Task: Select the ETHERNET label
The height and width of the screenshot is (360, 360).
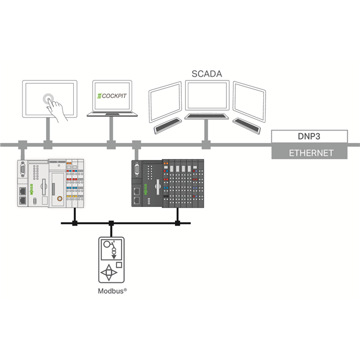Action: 311,152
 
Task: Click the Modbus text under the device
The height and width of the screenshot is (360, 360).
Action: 110,292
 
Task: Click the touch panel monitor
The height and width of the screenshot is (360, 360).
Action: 49,98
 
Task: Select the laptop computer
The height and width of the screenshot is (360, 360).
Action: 112,100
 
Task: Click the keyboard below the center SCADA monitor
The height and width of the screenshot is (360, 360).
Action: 208,116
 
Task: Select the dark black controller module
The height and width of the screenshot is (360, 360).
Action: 166,183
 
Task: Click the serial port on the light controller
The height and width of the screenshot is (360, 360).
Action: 22,170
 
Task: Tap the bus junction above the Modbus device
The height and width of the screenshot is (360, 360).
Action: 111,224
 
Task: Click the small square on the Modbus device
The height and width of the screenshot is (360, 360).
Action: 119,264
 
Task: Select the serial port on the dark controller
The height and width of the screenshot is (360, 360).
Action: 136,170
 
